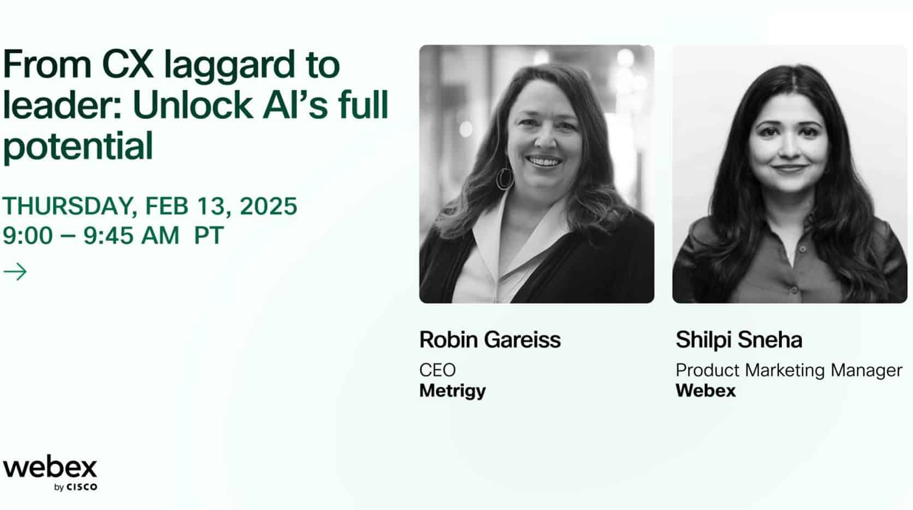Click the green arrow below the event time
tap(15, 272)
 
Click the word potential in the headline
tap(78, 147)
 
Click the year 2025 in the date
tap(268, 206)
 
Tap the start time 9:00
tap(28, 236)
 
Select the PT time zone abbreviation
tap(209, 235)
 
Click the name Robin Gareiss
tap(490, 340)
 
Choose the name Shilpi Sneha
tap(739, 340)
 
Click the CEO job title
tap(437, 370)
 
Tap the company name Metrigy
tap(453, 391)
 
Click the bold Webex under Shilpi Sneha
tap(705, 391)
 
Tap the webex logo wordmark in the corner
tap(50, 469)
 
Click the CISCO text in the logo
tap(82, 487)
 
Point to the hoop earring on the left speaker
tap(505, 177)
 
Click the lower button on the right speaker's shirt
tap(794, 290)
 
